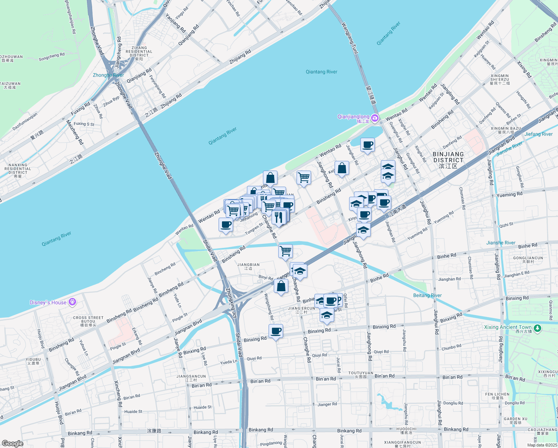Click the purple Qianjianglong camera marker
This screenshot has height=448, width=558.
point(374,119)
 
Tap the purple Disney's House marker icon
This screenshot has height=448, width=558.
point(72,302)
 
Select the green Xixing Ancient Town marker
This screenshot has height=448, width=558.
point(537,328)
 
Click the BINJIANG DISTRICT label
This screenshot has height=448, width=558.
point(448,157)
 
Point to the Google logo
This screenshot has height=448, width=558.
point(12,443)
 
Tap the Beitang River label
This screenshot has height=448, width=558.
point(427,295)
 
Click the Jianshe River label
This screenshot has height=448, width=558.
point(501,243)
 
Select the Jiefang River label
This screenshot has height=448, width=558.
point(538,134)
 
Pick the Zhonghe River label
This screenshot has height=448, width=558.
point(108,75)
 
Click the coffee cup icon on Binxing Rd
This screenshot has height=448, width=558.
point(276,331)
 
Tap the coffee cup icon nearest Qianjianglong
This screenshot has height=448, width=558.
point(367,144)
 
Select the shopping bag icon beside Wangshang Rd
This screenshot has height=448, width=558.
point(281,286)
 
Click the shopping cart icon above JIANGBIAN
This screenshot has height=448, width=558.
point(285,251)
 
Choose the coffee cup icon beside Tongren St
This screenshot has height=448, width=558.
point(226,225)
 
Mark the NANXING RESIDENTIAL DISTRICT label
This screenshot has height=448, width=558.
point(18,169)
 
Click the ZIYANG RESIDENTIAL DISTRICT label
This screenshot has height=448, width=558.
point(139,52)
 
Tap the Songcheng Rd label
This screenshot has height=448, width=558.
point(51,57)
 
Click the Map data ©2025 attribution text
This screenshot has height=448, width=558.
point(542,445)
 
